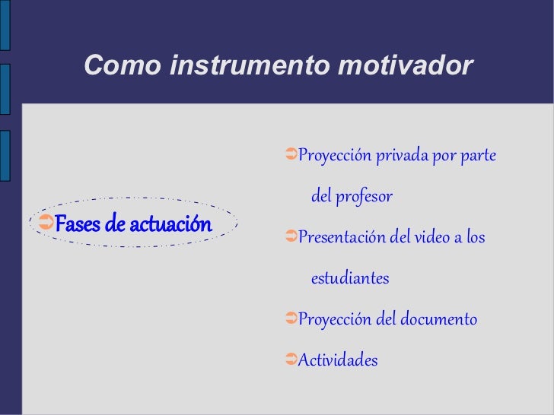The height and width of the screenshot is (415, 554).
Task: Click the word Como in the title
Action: point(123,65)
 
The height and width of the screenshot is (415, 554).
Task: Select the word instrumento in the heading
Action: point(250,65)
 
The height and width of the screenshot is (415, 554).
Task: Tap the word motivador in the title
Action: point(406,65)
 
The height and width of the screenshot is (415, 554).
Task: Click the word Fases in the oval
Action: point(78,223)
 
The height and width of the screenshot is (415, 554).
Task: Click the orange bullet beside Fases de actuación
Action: point(46,222)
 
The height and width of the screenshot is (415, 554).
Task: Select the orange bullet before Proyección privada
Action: point(291,154)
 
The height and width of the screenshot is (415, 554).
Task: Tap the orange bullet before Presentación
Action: point(291,236)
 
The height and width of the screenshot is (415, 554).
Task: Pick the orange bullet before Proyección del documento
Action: point(291,318)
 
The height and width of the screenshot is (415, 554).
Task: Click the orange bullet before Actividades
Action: point(291,359)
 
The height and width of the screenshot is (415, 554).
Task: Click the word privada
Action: point(402,156)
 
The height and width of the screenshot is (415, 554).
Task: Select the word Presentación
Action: point(342,236)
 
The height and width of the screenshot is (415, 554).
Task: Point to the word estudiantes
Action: point(350,278)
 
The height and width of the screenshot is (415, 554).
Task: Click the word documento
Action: point(438,319)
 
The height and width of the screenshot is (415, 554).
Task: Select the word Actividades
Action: point(338,360)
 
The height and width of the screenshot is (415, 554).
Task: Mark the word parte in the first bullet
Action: point(478,156)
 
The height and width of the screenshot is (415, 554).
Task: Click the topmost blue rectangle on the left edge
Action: point(5,25)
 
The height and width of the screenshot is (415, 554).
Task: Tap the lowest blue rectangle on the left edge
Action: point(5,156)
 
